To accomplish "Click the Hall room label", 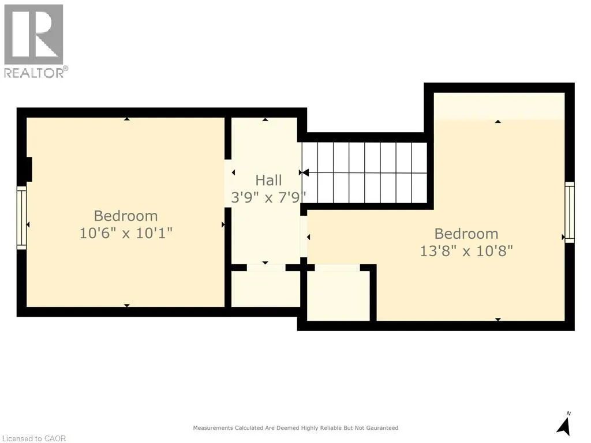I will [269, 181].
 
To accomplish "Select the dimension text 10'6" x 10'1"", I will [126, 234].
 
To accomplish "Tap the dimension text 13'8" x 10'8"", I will [466, 251].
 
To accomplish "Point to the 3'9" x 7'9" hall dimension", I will [269, 197].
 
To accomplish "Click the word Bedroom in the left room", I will [126, 216].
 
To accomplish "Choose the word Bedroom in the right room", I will [466, 234].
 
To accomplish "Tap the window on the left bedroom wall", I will [21, 217].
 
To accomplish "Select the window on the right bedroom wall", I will [570, 212].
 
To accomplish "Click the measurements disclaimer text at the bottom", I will [295, 428].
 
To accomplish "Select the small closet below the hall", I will [265, 288].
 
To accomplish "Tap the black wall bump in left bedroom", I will [25, 170].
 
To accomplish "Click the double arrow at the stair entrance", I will [304, 172].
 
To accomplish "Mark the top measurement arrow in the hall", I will [265, 120].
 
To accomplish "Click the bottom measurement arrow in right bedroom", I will [498, 319].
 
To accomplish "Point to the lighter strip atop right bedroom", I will [499, 106].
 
